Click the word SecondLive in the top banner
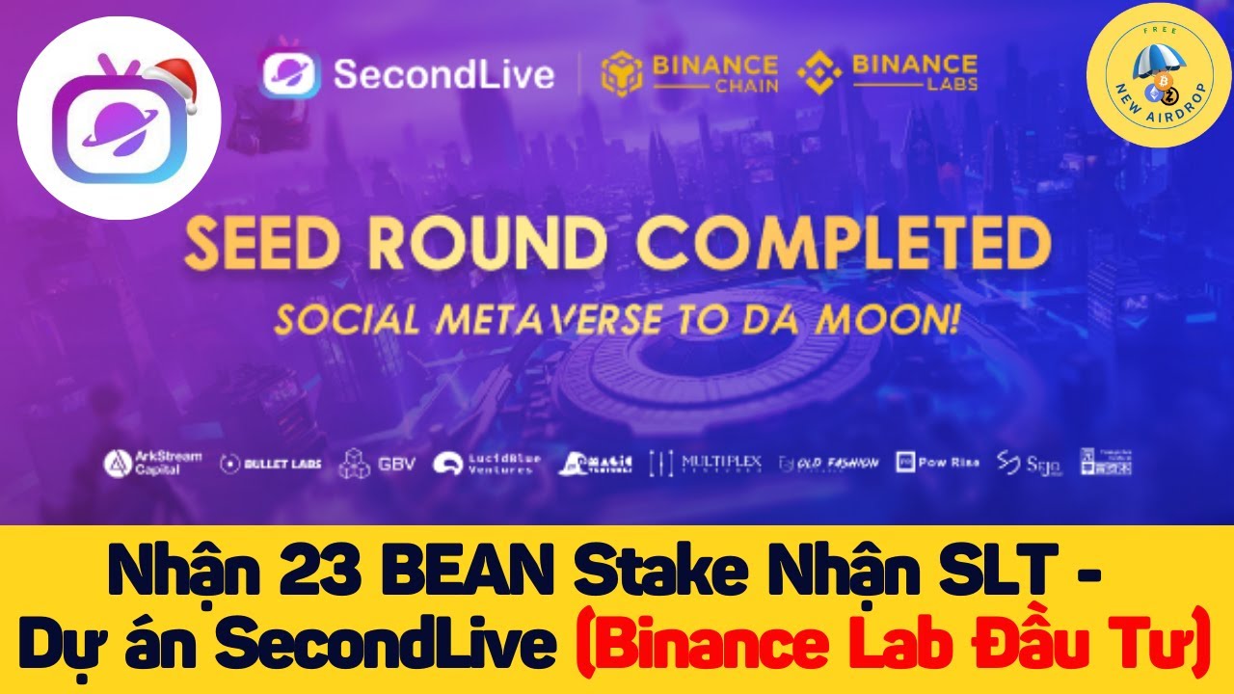(x=443, y=74)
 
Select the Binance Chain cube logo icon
(x=621, y=74)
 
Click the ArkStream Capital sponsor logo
(x=152, y=463)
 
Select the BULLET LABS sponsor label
(x=270, y=464)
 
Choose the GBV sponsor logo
(x=377, y=464)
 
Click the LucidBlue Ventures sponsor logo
(x=486, y=464)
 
